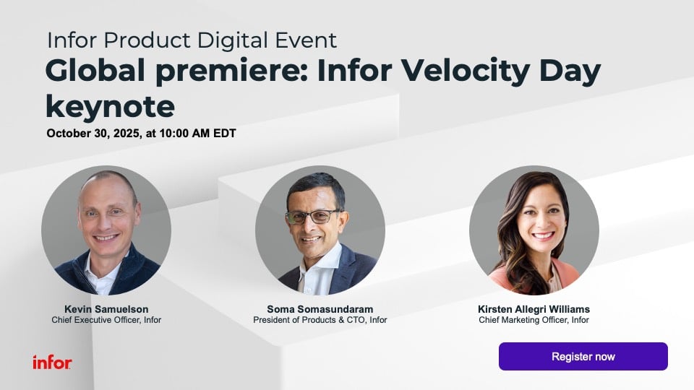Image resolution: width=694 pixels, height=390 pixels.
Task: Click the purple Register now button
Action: pyautogui.click(x=583, y=356)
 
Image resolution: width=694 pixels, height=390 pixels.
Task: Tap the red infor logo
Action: pyautogui.click(x=52, y=363)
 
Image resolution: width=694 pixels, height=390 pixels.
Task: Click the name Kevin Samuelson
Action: pyautogui.click(x=106, y=309)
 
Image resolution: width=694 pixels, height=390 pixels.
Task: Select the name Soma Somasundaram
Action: pyautogui.click(x=320, y=309)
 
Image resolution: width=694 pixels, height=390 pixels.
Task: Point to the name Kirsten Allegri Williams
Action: pyautogui.click(x=534, y=309)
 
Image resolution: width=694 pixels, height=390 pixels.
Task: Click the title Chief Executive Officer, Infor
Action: pyautogui.click(x=106, y=320)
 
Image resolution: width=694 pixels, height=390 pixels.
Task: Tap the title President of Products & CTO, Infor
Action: pyautogui.click(x=320, y=320)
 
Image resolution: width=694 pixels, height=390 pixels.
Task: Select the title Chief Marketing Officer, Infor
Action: pyautogui.click(x=534, y=320)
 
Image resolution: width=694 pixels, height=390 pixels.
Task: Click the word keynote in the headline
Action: pyautogui.click(x=110, y=108)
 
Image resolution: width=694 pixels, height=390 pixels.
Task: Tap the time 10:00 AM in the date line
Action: pyautogui.click(x=184, y=134)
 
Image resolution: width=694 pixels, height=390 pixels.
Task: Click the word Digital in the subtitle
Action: pyautogui.click(x=233, y=40)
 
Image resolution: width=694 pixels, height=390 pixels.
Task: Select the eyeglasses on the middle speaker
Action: pyautogui.click(x=315, y=217)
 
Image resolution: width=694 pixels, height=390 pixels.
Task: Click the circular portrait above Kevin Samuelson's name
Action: pyautogui.click(x=106, y=230)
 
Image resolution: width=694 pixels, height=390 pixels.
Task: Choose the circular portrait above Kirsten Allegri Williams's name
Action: pyautogui.click(x=534, y=230)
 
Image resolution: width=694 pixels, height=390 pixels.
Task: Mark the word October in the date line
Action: pyautogui.click(x=69, y=134)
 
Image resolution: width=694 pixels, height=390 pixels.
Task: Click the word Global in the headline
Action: pyautogui.click(x=95, y=71)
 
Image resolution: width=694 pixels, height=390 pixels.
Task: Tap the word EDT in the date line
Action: pyautogui.click(x=225, y=134)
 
